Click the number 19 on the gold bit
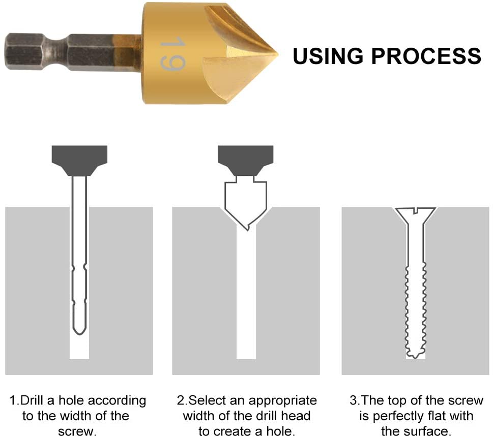pyautogui.click(x=172, y=54)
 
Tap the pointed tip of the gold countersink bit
pyautogui.click(x=277, y=54)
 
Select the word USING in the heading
pyautogui.click(x=328, y=56)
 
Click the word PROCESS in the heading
pyautogui.click(x=426, y=56)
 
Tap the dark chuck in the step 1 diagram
pyautogui.click(x=79, y=161)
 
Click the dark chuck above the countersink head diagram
pyautogui.click(x=246, y=161)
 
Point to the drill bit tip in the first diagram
pyautogui.click(x=79, y=331)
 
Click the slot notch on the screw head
pyautogui.click(x=415, y=210)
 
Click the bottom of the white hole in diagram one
pyautogui.click(x=79, y=357)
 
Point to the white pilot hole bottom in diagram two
pyautogui.click(x=246, y=357)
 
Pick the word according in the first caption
pyautogui.click(x=117, y=401)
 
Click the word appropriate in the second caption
pyautogui.click(x=283, y=401)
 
